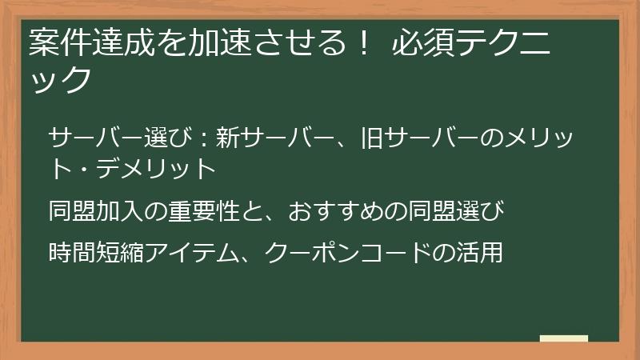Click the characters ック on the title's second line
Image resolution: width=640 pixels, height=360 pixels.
point(57,80)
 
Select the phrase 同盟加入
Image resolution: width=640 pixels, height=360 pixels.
point(96,213)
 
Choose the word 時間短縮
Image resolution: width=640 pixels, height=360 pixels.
point(96,253)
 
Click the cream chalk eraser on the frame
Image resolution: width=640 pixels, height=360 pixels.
point(563,338)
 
